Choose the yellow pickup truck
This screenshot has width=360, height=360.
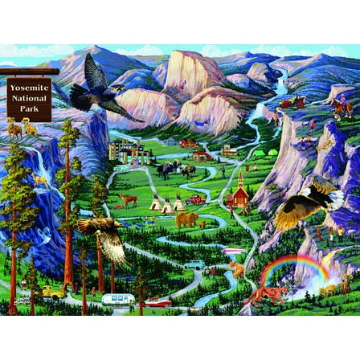(x=51, y=291)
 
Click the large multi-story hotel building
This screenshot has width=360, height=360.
(x=131, y=150)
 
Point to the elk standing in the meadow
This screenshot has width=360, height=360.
(x=126, y=199)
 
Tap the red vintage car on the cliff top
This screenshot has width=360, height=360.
(x=290, y=103)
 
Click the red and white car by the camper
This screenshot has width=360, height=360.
(x=157, y=302)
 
